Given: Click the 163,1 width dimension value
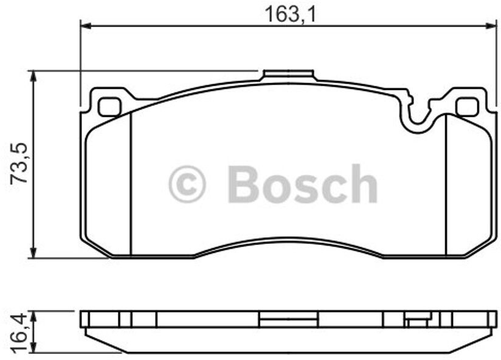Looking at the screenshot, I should coord(290,13).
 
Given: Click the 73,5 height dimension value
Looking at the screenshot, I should coord(21,164).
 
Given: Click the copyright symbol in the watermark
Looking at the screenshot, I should coord(187,184).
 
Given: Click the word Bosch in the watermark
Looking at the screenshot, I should coord(302,184).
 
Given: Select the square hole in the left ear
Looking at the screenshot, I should coord(110,107).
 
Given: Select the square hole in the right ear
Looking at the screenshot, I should coord(467,107).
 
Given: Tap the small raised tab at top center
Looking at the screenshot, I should coord(288,76).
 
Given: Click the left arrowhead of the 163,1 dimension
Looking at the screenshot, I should coord(86,26).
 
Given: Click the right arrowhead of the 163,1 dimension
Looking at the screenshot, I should coord(492,26).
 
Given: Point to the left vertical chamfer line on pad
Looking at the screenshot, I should coord(131,182).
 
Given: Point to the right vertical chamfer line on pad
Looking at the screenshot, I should coord(446,182).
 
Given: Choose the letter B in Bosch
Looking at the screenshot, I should coord(243,184).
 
